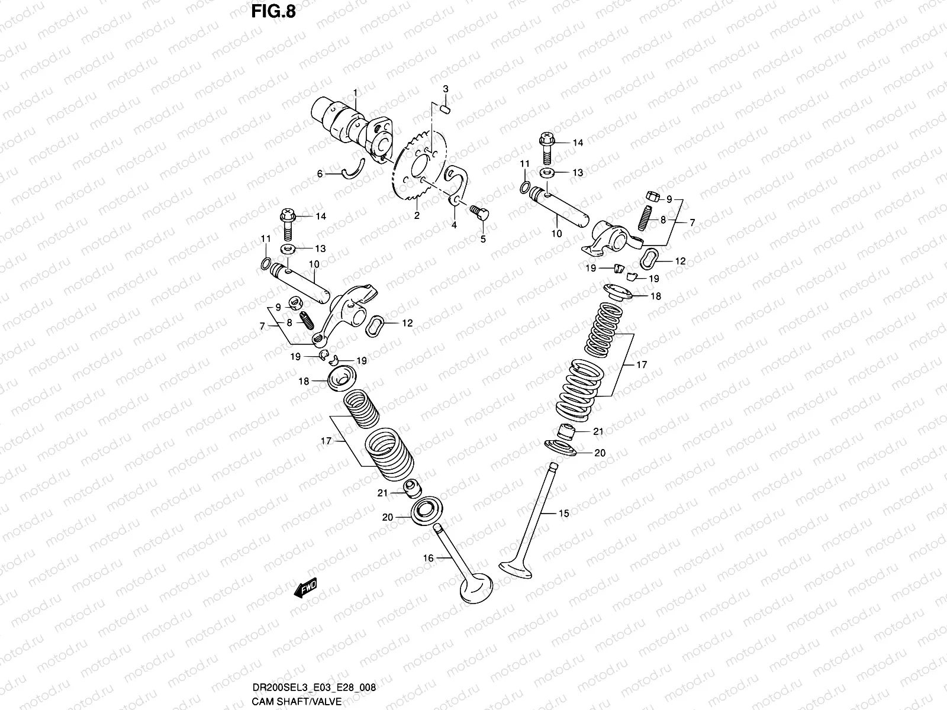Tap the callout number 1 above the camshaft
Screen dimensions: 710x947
(x=356, y=93)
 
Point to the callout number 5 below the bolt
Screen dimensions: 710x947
(x=482, y=239)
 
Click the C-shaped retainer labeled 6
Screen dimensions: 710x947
(x=352, y=169)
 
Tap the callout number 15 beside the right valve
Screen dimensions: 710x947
(x=563, y=514)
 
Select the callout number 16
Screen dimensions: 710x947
(x=429, y=558)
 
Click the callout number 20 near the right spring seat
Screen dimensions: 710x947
(x=600, y=453)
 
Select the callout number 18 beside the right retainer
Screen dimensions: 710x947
(x=656, y=296)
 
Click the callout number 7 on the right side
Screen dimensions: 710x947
(x=692, y=222)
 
